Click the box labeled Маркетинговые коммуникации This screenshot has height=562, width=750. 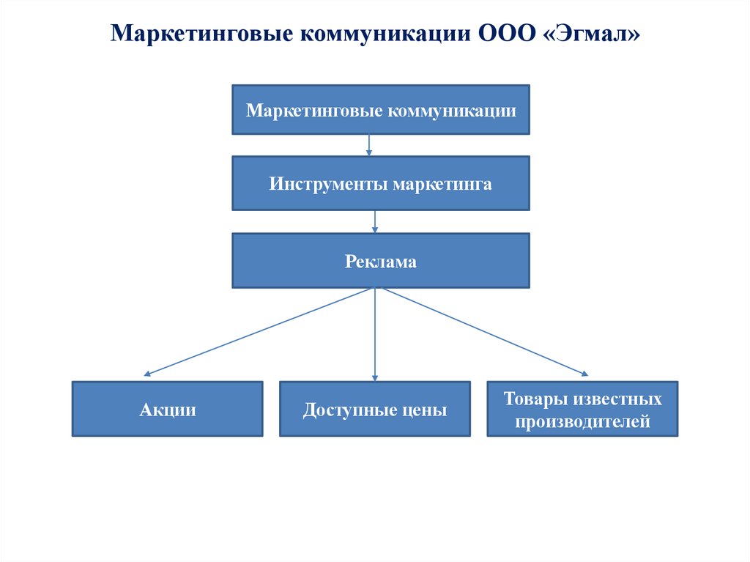pyautogui.click(x=381, y=110)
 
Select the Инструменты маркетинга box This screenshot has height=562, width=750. pyautogui.click(x=381, y=183)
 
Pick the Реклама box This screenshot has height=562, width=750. pyautogui.click(x=381, y=261)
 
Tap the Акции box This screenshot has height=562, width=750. pyautogui.click(x=168, y=409)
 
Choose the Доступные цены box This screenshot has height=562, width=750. pyautogui.click(x=375, y=409)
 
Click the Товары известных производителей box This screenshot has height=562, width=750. pyautogui.click(x=582, y=409)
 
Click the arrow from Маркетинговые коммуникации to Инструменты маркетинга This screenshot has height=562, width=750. pyautogui.click(x=369, y=144)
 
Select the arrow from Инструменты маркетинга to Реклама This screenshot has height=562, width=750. pyautogui.click(x=375, y=221)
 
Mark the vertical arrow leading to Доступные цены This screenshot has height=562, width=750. pyautogui.click(x=375, y=333)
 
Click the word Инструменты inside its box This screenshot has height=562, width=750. pyautogui.click(x=328, y=183)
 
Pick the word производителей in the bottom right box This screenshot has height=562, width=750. pyautogui.click(x=582, y=422)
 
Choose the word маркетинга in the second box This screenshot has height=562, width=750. pyautogui.click(x=442, y=183)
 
